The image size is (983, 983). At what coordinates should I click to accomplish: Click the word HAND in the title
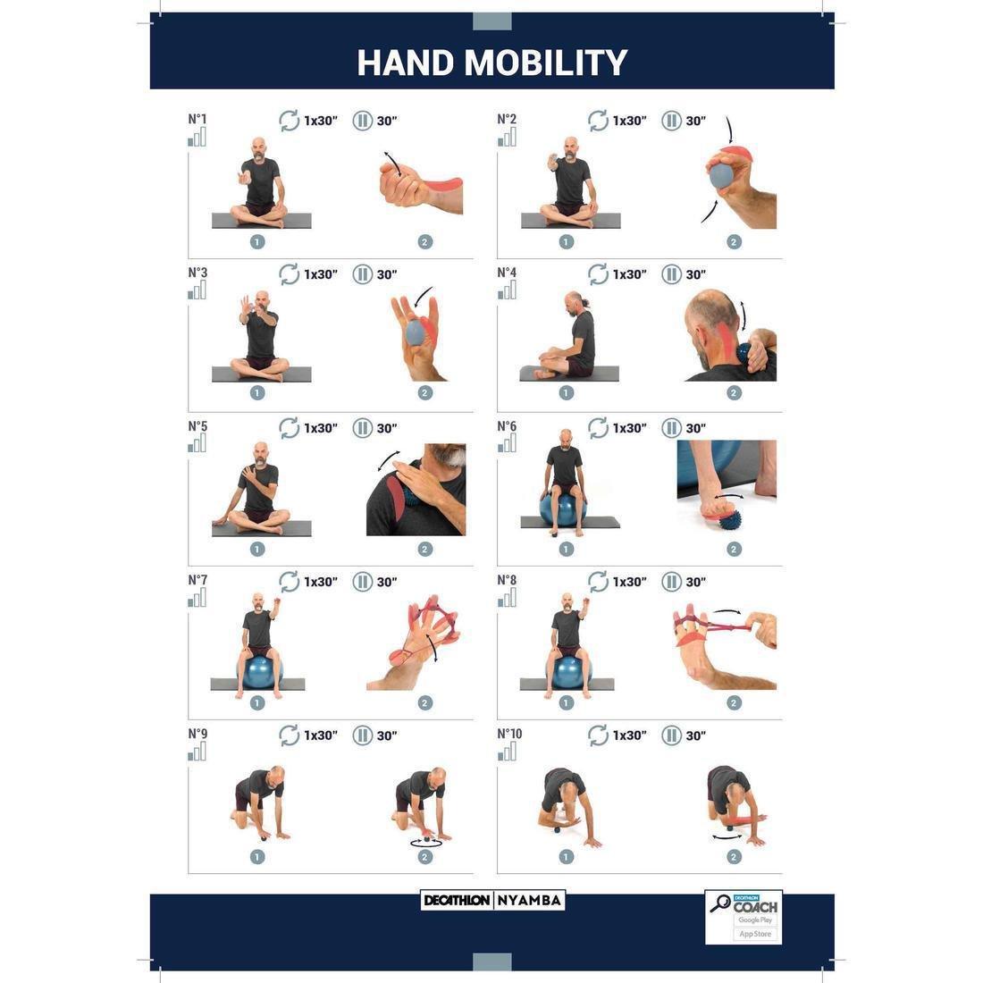[406, 63]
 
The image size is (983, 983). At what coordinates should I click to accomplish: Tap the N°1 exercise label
[197, 119]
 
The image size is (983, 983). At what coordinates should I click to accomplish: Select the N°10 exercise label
[509, 734]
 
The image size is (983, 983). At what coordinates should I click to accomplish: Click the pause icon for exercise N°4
[671, 273]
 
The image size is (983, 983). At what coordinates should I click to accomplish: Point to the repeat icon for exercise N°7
[289, 582]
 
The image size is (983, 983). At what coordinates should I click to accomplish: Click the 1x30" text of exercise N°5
[321, 428]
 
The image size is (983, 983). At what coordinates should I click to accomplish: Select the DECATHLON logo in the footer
[457, 900]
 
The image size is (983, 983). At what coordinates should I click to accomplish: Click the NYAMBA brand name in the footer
[529, 900]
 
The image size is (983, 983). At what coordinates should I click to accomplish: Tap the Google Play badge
[754, 920]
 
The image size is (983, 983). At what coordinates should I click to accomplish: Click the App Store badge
[754, 934]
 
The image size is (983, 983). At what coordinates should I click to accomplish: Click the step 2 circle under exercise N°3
[424, 392]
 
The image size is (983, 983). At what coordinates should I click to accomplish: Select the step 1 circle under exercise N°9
[257, 857]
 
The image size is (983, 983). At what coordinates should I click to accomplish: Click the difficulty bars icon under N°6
[507, 444]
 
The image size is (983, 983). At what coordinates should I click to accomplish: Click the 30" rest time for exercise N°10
[695, 735]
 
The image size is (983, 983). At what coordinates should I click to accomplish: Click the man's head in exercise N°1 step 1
[258, 147]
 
